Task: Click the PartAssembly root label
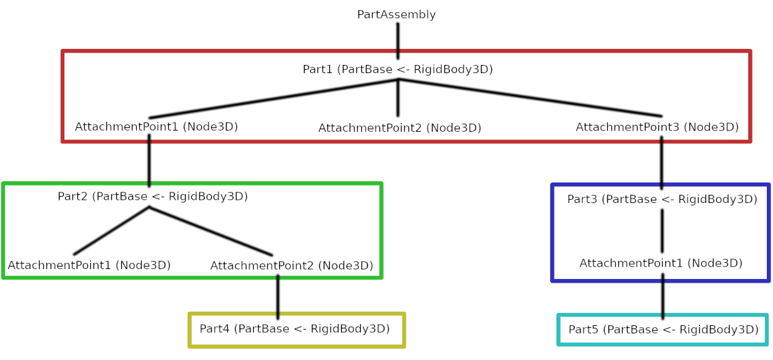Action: coord(396,14)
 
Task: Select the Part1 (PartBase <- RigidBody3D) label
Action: coord(397,69)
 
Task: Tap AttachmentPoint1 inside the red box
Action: coord(157,127)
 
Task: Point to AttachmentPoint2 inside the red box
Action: coord(400,128)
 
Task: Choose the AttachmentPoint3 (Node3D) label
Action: coord(657,127)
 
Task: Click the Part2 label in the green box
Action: coord(152,196)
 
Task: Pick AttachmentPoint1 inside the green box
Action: coord(89,265)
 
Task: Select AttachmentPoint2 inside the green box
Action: coord(291,265)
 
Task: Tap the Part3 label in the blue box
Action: coord(662,199)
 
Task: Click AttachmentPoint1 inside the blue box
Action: coord(661,263)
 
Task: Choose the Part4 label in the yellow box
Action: coord(295,328)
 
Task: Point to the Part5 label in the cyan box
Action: coord(663,329)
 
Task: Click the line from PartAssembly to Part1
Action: coord(398,41)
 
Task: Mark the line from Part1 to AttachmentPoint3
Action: coord(530,98)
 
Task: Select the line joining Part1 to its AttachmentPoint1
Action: coord(274,99)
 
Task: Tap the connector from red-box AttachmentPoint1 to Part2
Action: coord(149,161)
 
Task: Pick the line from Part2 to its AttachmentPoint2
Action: coord(211,231)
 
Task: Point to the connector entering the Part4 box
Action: coord(278,297)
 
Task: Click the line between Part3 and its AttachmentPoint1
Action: coord(662,231)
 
